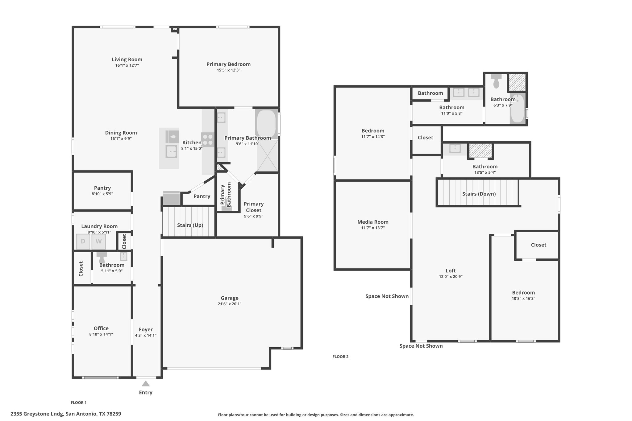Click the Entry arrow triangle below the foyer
146,384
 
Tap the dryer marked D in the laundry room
83,241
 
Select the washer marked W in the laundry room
98,241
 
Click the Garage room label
230,298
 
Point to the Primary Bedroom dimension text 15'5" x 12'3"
228,70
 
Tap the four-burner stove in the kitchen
208,139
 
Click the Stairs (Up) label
190,225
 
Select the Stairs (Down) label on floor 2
479,194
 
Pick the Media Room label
373,222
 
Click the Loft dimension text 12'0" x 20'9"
451,277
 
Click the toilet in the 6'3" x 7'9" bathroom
496,81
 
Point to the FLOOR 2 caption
340,357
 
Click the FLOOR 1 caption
79,402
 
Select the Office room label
101,328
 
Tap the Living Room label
127,60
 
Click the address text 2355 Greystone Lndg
37,414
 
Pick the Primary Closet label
254,207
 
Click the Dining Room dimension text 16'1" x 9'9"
121,139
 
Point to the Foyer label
146,329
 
